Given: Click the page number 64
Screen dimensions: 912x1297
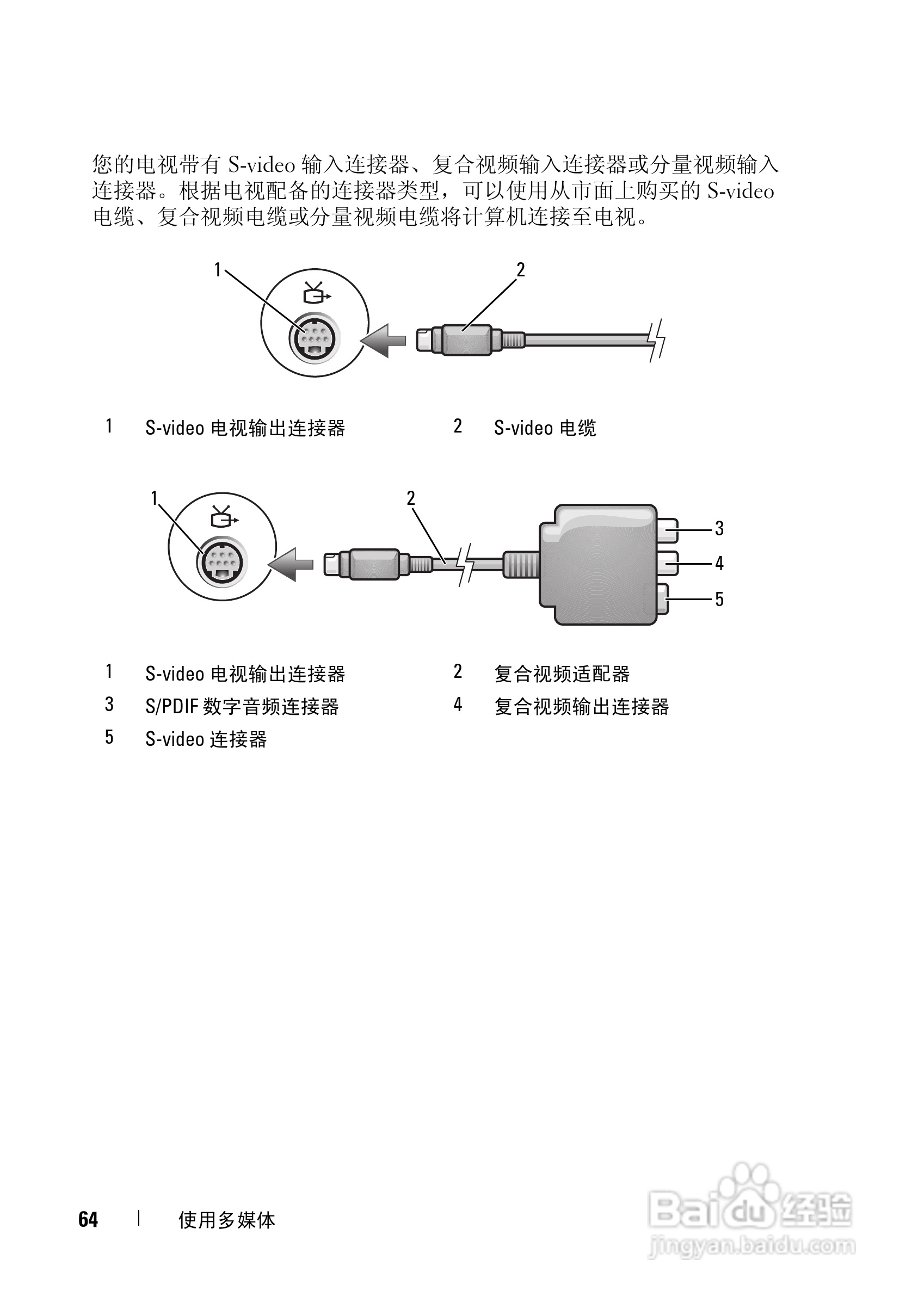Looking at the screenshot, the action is coord(88,1220).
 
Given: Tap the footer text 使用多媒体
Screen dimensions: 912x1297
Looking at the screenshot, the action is coord(226,1220).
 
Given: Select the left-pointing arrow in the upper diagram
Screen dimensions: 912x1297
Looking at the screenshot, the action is coord(383,341).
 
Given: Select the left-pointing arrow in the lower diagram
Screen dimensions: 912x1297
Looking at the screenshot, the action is coord(291,564).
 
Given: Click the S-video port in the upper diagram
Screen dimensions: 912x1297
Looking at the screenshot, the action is coord(315,339).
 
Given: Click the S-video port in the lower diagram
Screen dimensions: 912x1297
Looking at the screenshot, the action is coord(223,562).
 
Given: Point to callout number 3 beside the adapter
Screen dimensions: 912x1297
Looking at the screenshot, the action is coord(719,529).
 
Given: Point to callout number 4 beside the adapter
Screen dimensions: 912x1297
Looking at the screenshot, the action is coord(719,563).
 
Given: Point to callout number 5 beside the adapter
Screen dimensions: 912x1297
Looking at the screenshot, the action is coord(719,599).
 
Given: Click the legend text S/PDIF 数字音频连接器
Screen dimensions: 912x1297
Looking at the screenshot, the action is coord(242,707).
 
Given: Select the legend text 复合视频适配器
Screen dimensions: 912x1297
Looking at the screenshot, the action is coord(562,674).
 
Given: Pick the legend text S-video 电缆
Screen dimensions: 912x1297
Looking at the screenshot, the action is coord(545,428).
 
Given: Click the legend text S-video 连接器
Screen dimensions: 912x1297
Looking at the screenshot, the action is coord(206,739).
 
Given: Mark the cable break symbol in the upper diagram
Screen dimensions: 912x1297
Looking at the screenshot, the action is coord(657,340).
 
